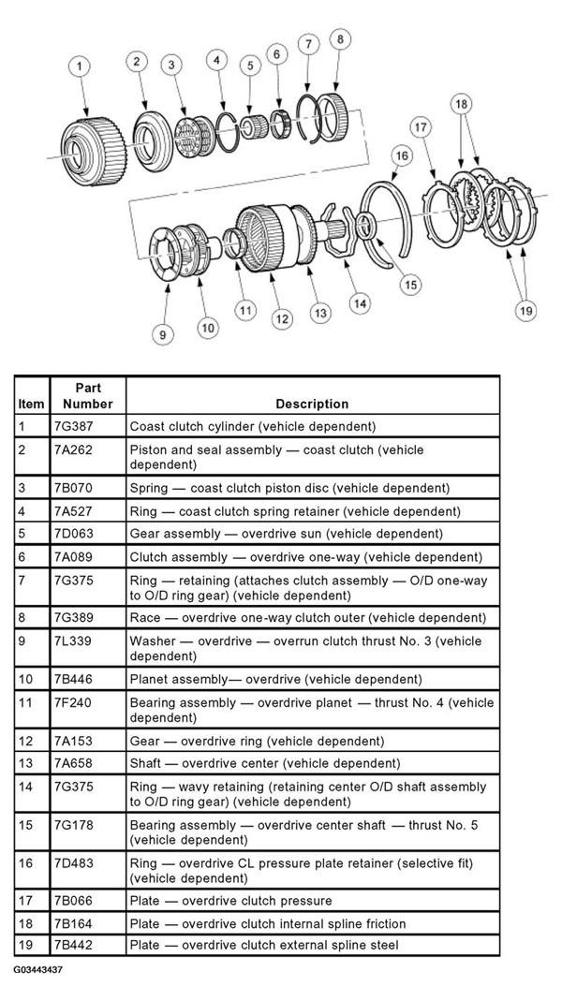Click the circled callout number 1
coord(81,66)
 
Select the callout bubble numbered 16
coord(402,155)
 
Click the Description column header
coord(312,404)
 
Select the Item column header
coord(30,404)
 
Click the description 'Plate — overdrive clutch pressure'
coord(230,901)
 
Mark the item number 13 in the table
coord(24,763)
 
